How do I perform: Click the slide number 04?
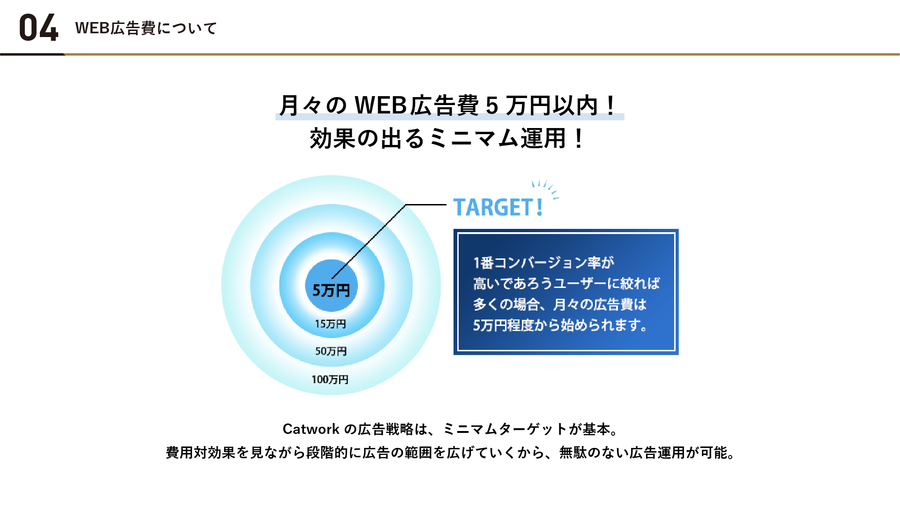[x=39, y=28]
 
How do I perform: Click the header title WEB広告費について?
[x=146, y=28]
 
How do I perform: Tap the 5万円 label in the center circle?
[x=331, y=290]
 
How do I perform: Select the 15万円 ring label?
[x=330, y=324]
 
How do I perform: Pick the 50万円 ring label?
[x=331, y=351]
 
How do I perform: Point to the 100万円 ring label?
[x=330, y=379]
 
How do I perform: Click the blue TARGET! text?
[x=498, y=207]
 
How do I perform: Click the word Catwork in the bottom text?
[x=311, y=429]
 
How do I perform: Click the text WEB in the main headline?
[x=380, y=105]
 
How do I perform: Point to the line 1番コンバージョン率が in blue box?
[x=543, y=263]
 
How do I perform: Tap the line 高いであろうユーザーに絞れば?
[x=566, y=283]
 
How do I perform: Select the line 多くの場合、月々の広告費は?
[x=560, y=304]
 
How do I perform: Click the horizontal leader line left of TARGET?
[x=425, y=204]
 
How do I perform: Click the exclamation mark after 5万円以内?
[x=610, y=106]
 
